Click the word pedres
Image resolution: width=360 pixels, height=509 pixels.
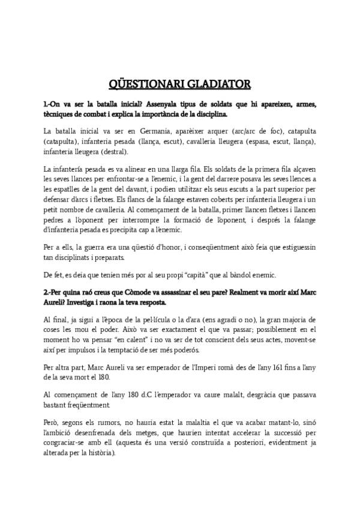(53, 220)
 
